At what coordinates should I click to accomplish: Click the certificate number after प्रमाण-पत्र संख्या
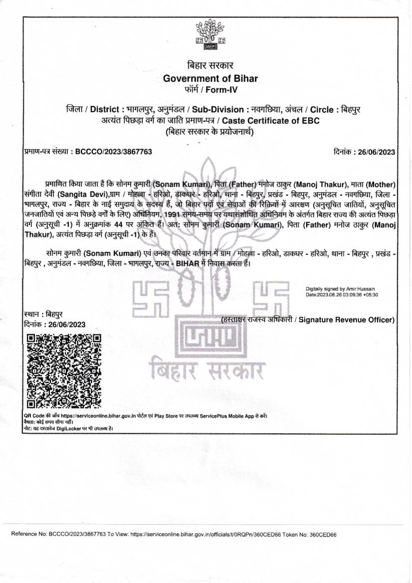pyautogui.click(x=113, y=152)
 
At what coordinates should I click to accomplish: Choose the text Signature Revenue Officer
pyautogui.click(x=346, y=320)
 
